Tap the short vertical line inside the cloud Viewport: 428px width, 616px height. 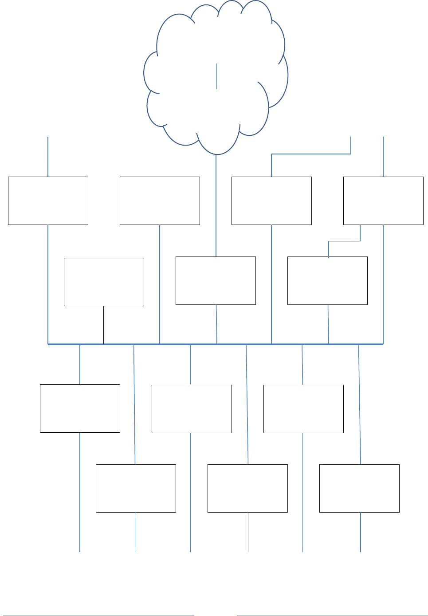pos(216,76)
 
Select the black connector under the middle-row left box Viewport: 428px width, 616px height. pos(104,325)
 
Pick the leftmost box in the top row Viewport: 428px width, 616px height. pos(48,201)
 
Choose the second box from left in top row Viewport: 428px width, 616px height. pos(160,201)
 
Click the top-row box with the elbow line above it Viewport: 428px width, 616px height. pos(271,201)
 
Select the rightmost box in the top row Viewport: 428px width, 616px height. pos(383,201)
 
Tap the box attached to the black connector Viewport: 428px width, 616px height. pos(104,282)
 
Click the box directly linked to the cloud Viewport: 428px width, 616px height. pos(216,280)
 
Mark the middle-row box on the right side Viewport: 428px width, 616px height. pos(327,280)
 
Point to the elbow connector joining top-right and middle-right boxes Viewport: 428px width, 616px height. pos(344,241)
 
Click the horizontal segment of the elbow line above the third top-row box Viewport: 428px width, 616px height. pos(310,154)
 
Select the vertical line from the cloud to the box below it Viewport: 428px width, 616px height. pos(216,204)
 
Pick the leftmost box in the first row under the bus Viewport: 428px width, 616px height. pos(80,408)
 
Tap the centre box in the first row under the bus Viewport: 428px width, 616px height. pos(192,409)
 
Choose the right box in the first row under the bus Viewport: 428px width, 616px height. pos(303,409)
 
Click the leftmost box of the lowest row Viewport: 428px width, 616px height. pos(136,488)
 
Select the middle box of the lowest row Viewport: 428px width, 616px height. pos(247,488)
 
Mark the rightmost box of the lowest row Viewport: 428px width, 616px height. pos(359,488)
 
